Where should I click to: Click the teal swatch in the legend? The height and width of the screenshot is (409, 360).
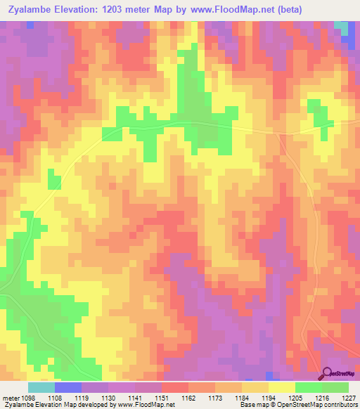(41, 387)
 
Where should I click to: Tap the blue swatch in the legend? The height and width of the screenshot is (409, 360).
(68, 387)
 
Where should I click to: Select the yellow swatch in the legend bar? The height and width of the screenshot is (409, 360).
(282, 387)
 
